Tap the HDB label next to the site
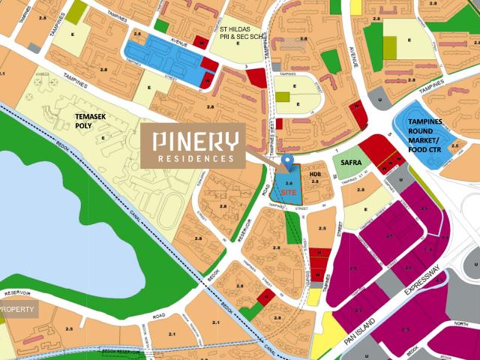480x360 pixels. tap(316, 173)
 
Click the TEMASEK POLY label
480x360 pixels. tap(94, 122)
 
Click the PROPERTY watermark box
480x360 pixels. tap(18, 309)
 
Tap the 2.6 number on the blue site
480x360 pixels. tap(289, 182)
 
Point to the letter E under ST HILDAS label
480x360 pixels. tap(237, 43)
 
